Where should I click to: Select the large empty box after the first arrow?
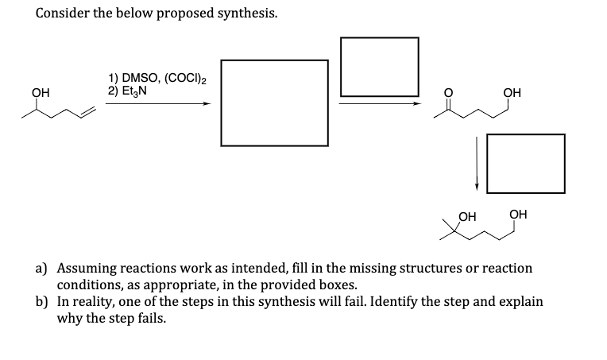click(274, 103)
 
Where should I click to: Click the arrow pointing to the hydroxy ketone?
click(379, 103)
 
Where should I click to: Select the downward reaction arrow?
click(477, 163)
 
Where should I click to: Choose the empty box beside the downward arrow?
click(525, 163)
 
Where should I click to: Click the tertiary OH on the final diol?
click(467, 214)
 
